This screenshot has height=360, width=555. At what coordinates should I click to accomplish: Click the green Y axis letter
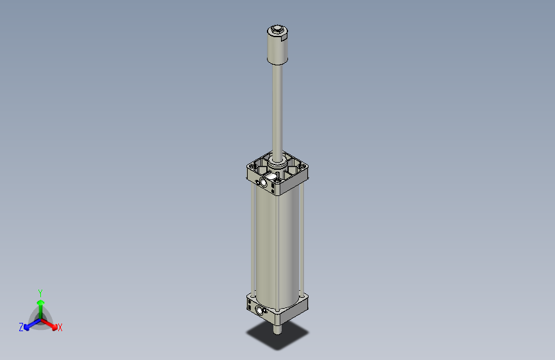point(40,292)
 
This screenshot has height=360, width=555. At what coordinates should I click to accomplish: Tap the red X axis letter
point(60,328)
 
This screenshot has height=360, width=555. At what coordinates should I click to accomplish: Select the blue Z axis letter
point(21,327)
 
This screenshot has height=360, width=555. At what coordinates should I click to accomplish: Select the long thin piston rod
point(277,109)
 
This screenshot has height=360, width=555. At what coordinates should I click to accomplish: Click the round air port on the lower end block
point(259,311)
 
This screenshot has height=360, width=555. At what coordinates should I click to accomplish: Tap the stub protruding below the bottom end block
point(278,331)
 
